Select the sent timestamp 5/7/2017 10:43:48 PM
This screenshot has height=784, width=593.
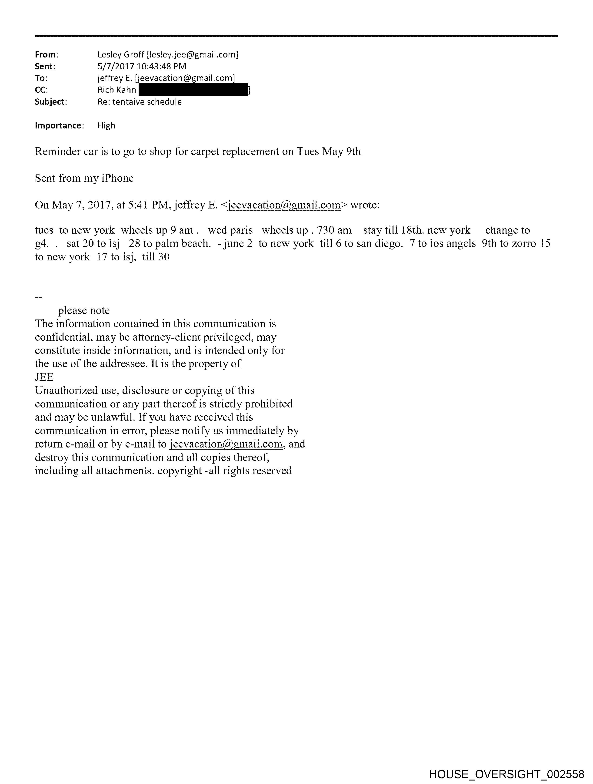tap(142, 66)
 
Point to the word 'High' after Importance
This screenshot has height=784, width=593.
tap(106, 125)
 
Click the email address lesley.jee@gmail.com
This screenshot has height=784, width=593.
tap(192, 55)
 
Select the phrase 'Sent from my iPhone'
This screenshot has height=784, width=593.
tap(84, 178)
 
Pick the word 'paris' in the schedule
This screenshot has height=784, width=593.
tap(241, 230)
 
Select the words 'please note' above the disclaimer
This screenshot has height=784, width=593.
tap(84, 310)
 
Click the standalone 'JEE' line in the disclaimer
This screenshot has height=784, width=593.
tap(44, 377)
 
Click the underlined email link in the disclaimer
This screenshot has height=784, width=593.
tap(226, 444)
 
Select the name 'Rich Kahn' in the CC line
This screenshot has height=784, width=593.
tap(117, 90)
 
